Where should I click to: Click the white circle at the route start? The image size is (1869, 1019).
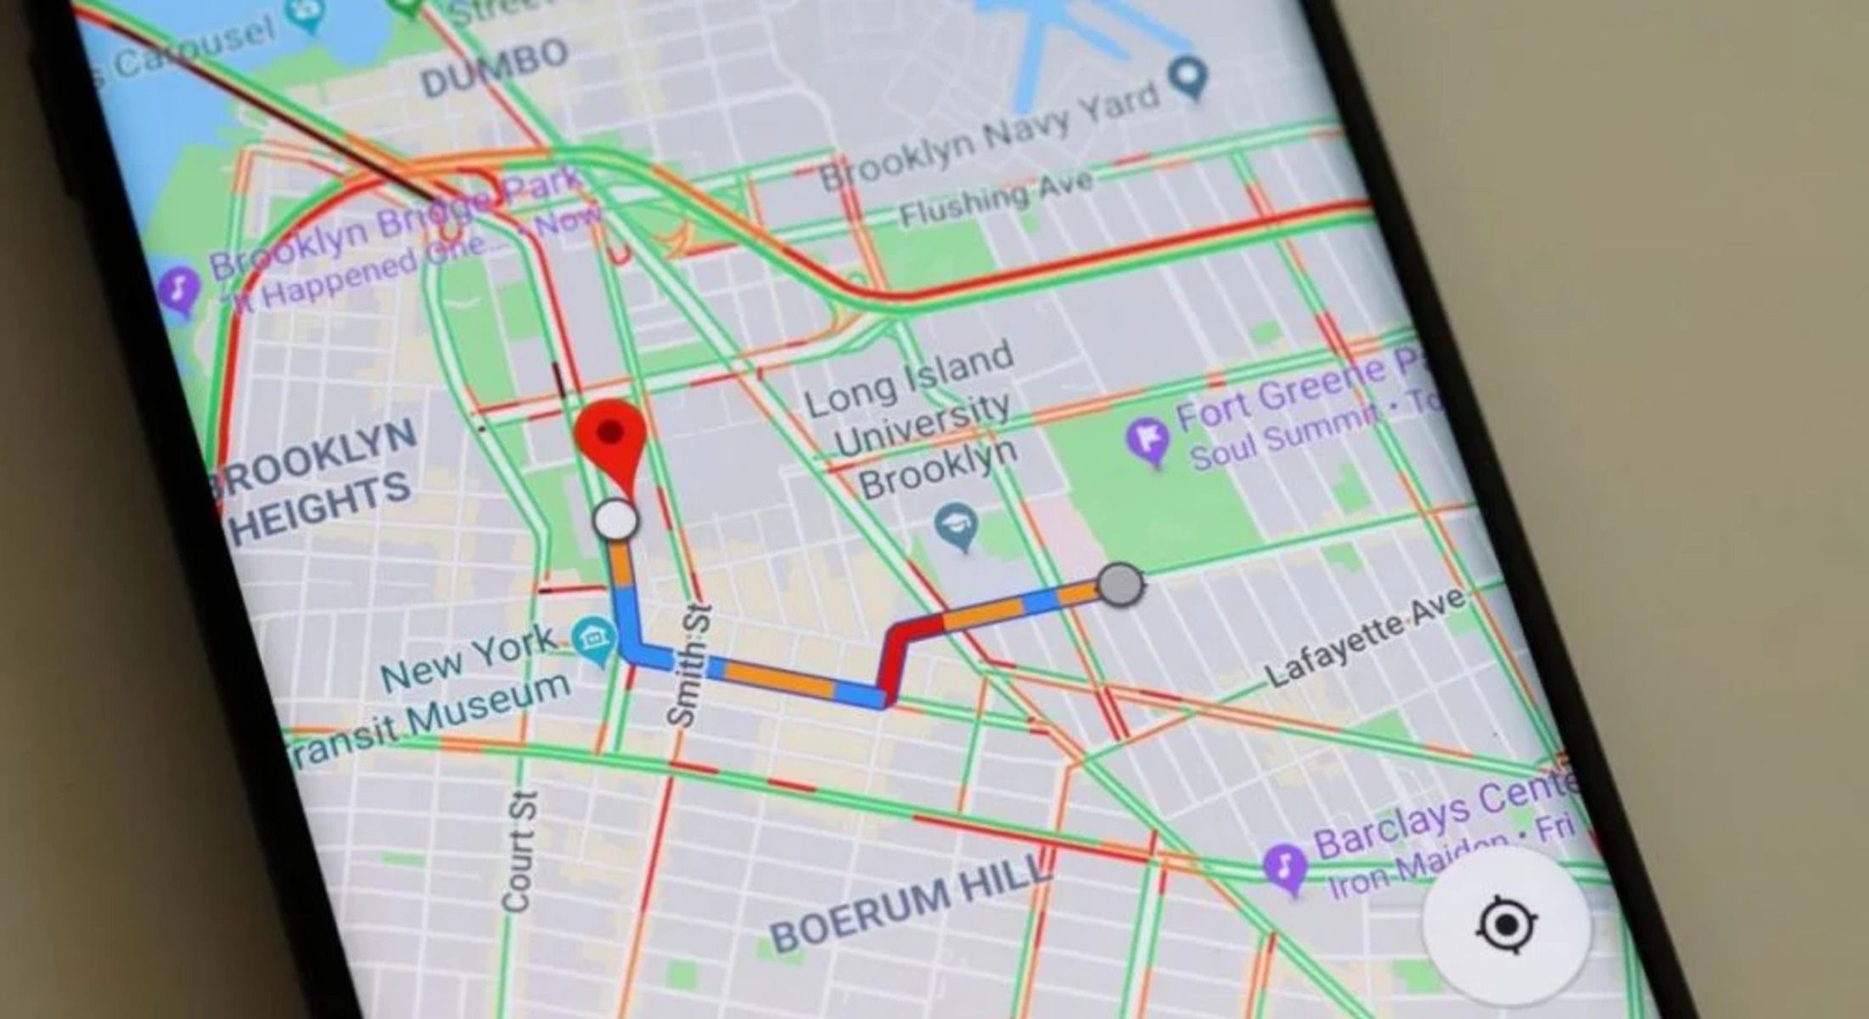click(615, 520)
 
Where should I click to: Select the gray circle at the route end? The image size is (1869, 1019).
click(1120, 584)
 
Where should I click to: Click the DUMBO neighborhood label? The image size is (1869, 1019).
click(495, 68)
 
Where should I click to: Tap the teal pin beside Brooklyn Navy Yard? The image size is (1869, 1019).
click(1188, 78)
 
